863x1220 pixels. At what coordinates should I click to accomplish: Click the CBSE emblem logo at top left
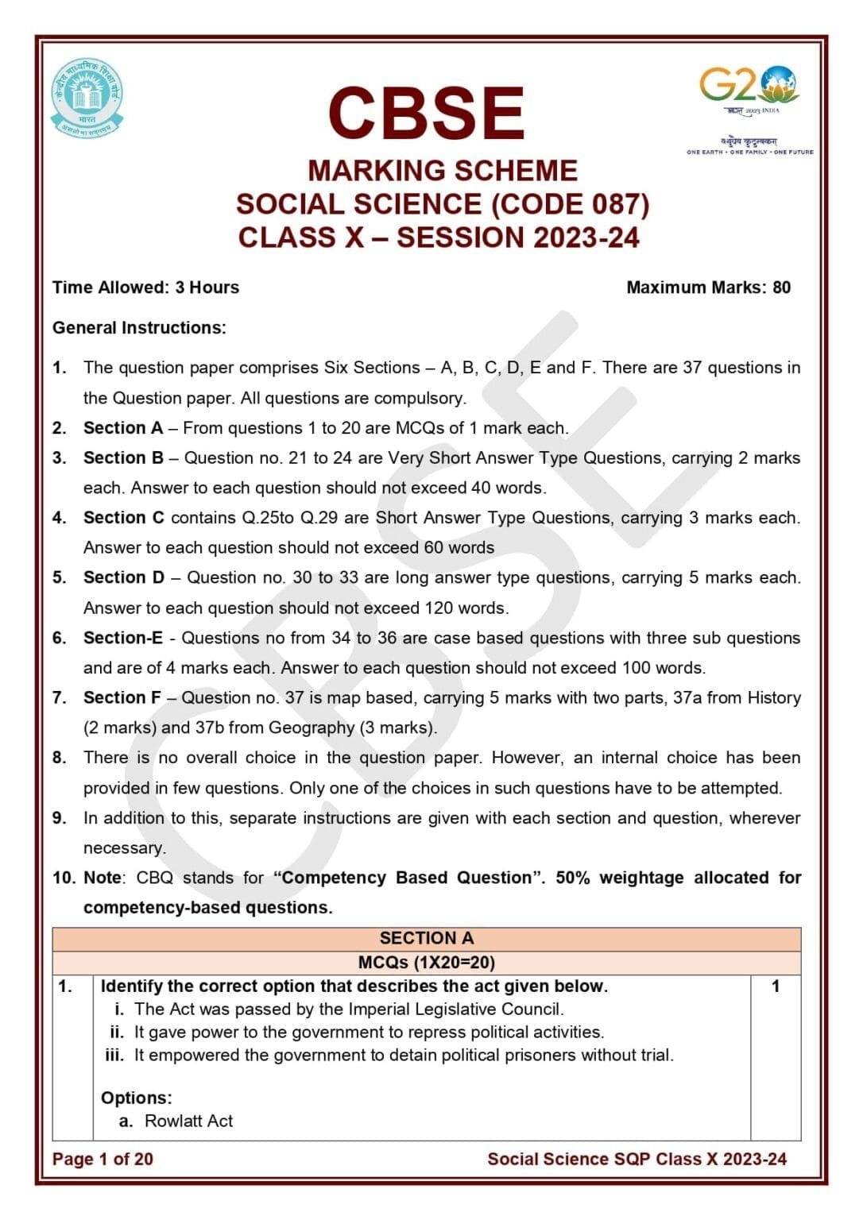pos(87,98)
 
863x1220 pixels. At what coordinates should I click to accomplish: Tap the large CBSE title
pos(426,113)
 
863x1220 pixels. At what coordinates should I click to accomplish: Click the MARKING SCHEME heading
pos(442,171)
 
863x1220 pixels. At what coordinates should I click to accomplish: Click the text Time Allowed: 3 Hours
pos(145,288)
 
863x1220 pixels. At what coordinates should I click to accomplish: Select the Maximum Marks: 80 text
pos(707,288)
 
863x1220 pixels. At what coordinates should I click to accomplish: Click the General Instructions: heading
pos(139,328)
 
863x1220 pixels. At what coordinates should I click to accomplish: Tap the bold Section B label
pos(123,458)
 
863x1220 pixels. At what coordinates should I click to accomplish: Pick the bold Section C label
pos(123,518)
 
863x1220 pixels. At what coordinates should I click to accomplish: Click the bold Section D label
pos(123,577)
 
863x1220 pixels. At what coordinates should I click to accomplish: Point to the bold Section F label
pos(122,697)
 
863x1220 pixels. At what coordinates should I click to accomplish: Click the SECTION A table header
pos(426,938)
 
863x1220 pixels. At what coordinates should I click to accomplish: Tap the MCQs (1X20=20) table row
pos(426,963)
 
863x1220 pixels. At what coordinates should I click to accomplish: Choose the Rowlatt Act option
pos(188,1121)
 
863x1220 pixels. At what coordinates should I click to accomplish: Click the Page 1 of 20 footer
pos(103,1159)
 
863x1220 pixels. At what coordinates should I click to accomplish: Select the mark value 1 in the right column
pos(775,986)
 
